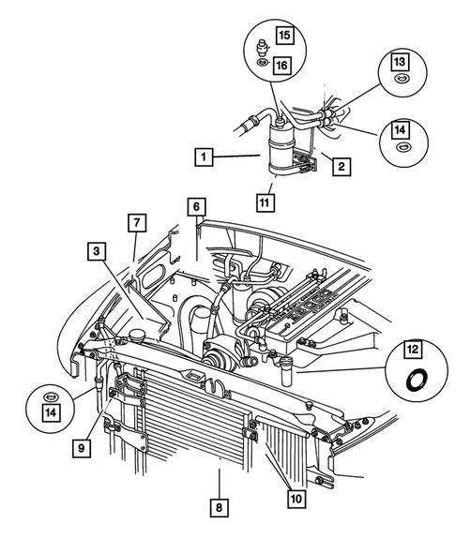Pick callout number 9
tap(83, 448)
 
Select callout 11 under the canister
tap(267, 199)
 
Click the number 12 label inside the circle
tap(412, 351)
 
